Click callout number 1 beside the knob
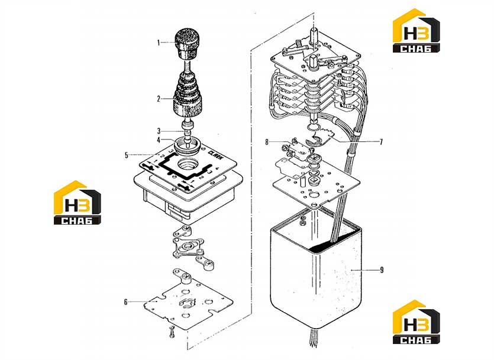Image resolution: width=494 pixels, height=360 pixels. (x=159, y=43)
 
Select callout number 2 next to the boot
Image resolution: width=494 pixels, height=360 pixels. (x=159, y=99)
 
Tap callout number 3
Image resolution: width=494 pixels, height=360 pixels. (x=159, y=131)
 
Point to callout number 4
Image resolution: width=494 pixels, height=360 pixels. (x=159, y=140)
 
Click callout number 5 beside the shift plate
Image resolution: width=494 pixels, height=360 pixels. (x=127, y=155)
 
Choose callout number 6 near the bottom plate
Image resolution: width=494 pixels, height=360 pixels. (x=125, y=302)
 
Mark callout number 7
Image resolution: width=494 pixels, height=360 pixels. (x=381, y=142)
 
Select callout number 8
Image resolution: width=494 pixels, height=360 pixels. (x=267, y=142)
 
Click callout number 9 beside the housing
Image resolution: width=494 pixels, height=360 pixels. (x=382, y=270)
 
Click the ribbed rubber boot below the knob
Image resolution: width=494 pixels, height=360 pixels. (x=187, y=96)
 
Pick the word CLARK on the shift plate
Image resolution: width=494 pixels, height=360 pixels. (x=215, y=155)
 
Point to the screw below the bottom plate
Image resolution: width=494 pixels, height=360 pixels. (x=172, y=332)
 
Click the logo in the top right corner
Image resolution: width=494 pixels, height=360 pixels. (x=416, y=31)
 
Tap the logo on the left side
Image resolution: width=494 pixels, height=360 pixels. (x=78, y=203)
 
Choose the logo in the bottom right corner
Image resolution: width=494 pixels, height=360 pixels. (x=416, y=322)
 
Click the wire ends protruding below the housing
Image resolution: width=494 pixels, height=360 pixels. (x=313, y=338)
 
